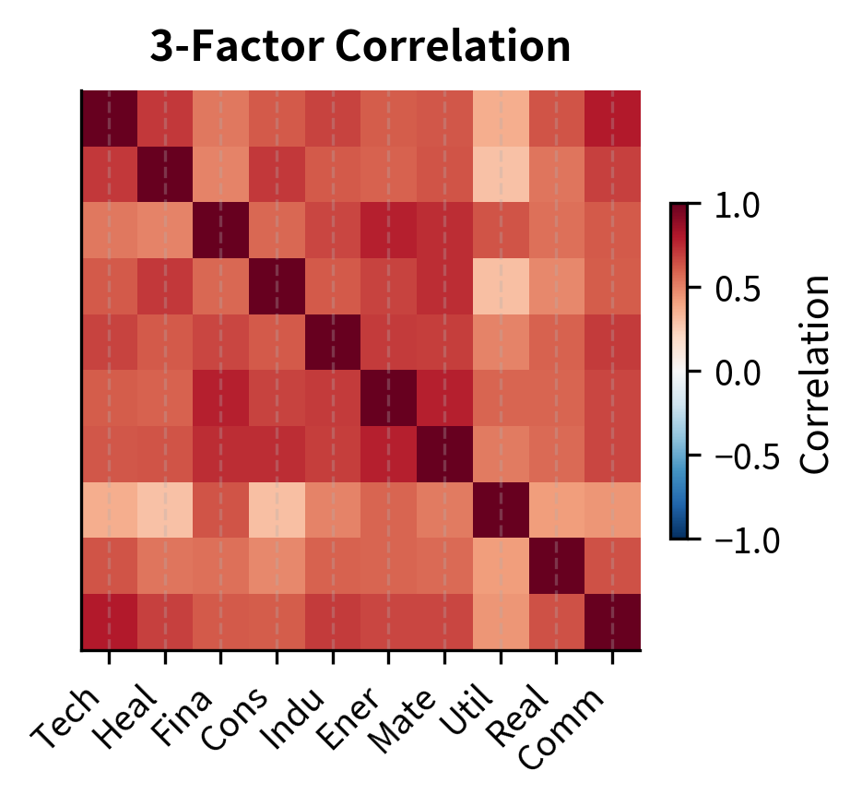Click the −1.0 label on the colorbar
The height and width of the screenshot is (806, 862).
tap(746, 539)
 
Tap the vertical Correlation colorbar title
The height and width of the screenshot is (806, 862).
tap(816, 372)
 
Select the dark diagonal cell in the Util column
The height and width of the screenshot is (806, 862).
tap(501, 510)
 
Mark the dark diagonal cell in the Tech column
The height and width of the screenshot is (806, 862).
tap(110, 119)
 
